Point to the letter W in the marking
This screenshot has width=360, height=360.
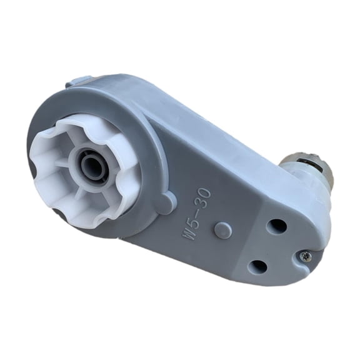click(x=189, y=233)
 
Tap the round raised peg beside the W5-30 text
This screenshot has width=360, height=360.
click(x=222, y=229)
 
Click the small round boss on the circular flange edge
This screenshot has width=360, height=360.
click(x=166, y=204)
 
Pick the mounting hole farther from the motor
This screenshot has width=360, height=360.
click(x=257, y=266)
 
